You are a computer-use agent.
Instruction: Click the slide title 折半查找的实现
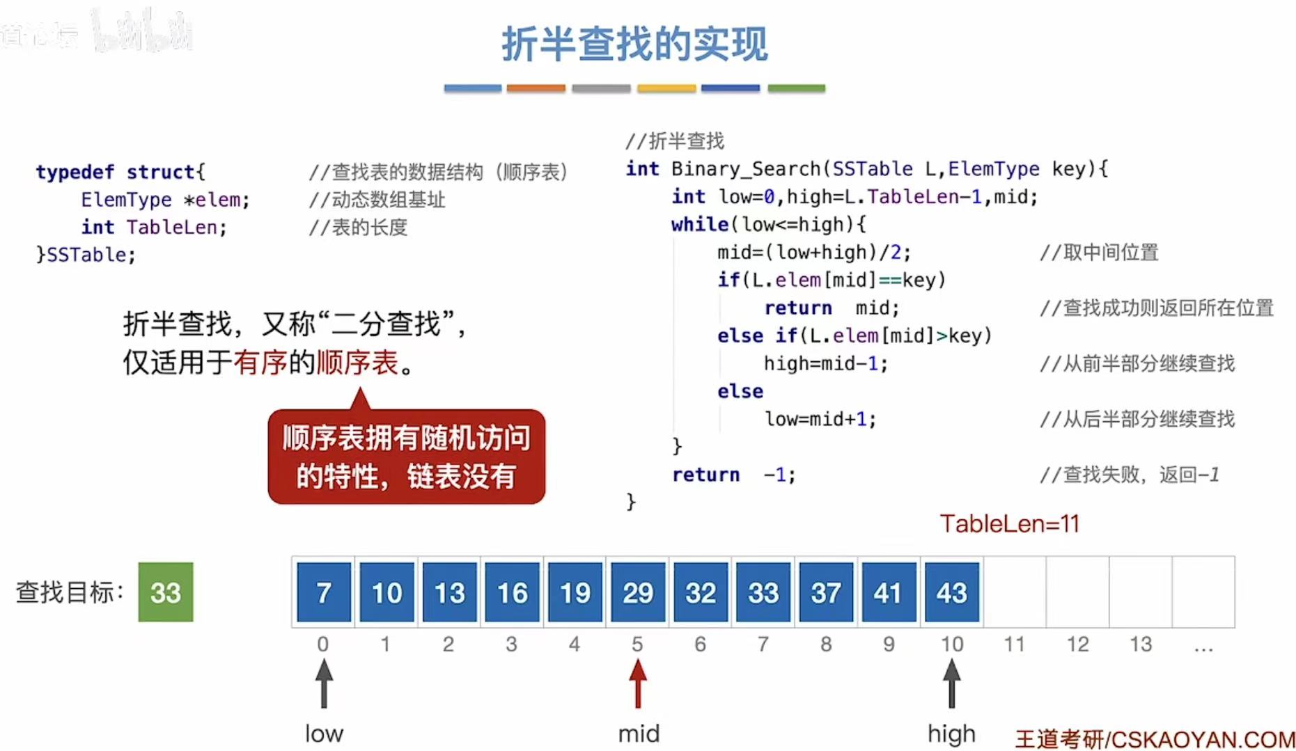pyautogui.click(x=634, y=44)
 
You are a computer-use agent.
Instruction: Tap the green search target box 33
pyautogui.click(x=166, y=592)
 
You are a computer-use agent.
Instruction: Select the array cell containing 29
pyautogui.click(x=637, y=592)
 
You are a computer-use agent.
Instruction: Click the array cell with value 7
pyautogui.click(x=324, y=592)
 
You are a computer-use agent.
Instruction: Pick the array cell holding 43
pyautogui.click(x=951, y=592)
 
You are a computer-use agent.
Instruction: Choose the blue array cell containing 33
pyautogui.click(x=763, y=592)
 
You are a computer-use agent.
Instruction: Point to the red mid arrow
pyautogui.click(x=637, y=683)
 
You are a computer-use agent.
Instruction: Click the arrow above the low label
pyautogui.click(x=324, y=683)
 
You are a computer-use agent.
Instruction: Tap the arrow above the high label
pyautogui.click(x=951, y=683)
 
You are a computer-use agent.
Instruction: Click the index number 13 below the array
pyautogui.click(x=1140, y=645)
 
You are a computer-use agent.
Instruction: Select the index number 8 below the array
pyautogui.click(x=826, y=645)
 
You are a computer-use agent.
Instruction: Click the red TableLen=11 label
pyautogui.click(x=1009, y=523)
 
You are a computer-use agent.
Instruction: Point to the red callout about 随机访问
pyautogui.click(x=406, y=457)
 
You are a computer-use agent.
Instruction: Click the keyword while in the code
pyautogui.click(x=699, y=225)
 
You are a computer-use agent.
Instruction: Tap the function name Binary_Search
pyautogui.click(x=746, y=169)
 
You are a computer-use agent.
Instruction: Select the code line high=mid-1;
pyautogui.click(x=825, y=364)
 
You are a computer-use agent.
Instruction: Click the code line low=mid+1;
pyautogui.click(x=820, y=419)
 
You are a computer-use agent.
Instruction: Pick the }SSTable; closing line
pyautogui.click(x=86, y=255)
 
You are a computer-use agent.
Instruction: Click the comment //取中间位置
pyautogui.click(x=1099, y=253)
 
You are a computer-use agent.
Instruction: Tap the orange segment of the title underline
pyautogui.click(x=536, y=88)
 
